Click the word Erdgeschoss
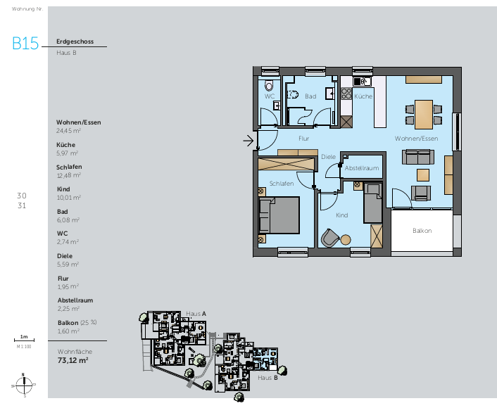coord(75,42)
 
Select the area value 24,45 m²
coord(68,130)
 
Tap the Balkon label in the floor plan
coord(422,231)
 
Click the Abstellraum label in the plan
coord(362,169)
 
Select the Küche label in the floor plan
coord(363,96)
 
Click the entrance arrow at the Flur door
coord(248,141)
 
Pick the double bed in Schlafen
coord(279,214)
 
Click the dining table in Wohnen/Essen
coord(424,111)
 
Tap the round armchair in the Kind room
coord(329,237)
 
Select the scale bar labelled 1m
coord(24,340)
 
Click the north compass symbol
coord(24,385)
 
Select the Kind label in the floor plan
coord(341,215)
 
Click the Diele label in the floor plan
coord(329,156)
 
